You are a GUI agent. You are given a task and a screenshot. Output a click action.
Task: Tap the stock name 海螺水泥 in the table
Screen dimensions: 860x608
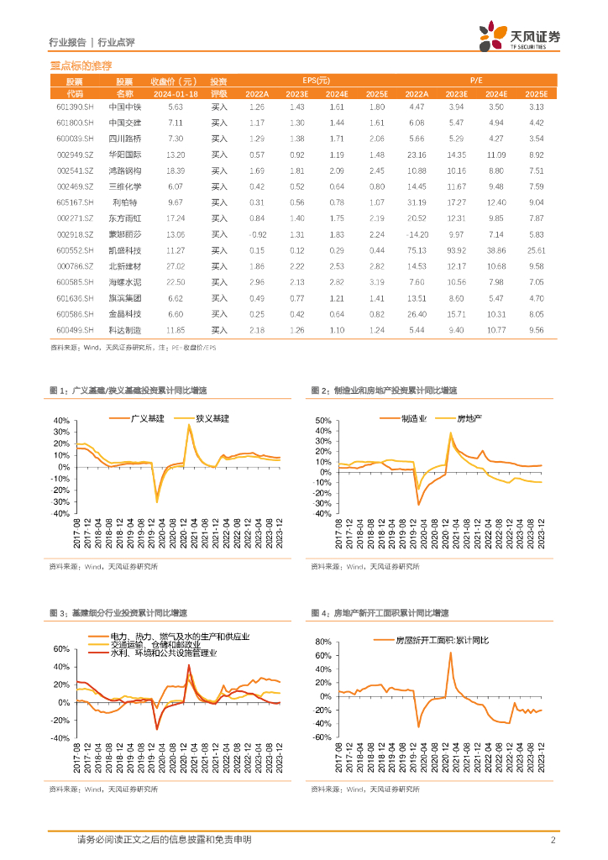point(124,282)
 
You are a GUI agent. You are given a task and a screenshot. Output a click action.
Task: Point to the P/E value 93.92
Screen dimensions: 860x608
point(455,250)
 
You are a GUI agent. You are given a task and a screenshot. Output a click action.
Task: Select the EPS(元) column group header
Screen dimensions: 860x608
point(316,81)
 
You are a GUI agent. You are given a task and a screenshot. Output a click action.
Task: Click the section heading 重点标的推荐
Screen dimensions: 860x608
point(81,65)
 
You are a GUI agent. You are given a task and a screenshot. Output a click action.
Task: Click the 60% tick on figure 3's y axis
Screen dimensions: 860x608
point(60,649)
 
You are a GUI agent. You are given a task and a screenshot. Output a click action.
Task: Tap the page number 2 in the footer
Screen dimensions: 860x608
point(553,840)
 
